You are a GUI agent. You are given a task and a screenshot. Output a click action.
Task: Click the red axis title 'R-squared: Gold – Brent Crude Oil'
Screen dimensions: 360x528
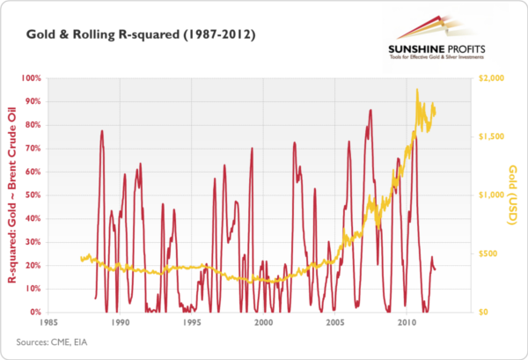(x=11, y=195)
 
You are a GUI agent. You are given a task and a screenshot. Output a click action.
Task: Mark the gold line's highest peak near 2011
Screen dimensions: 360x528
(x=416, y=89)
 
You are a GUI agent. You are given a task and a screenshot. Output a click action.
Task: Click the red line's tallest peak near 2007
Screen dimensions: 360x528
(x=370, y=110)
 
